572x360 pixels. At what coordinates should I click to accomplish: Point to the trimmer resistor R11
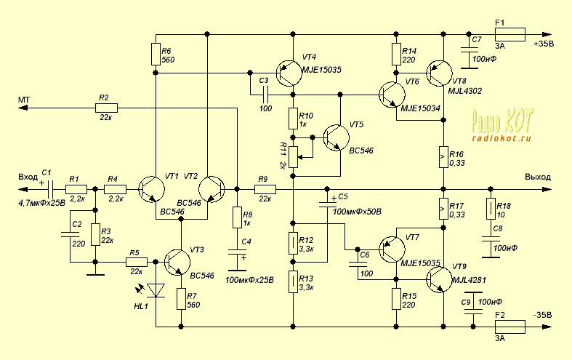pos(293,155)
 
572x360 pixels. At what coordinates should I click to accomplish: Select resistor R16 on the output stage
pos(443,155)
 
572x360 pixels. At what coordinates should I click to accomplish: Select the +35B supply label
pos(544,44)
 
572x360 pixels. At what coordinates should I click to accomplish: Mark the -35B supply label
pos(541,315)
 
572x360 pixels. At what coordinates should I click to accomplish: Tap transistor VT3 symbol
pos(177,262)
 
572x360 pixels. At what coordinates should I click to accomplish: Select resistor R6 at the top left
pos(156,55)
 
